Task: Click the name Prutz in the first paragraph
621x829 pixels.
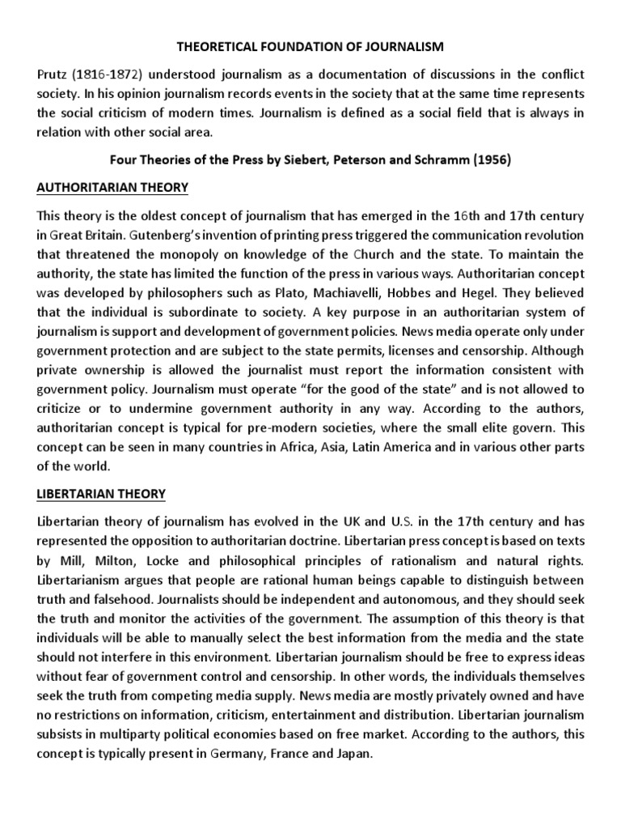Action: pyautogui.click(x=53, y=74)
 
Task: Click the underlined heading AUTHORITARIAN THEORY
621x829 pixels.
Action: pyautogui.click(x=112, y=188)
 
